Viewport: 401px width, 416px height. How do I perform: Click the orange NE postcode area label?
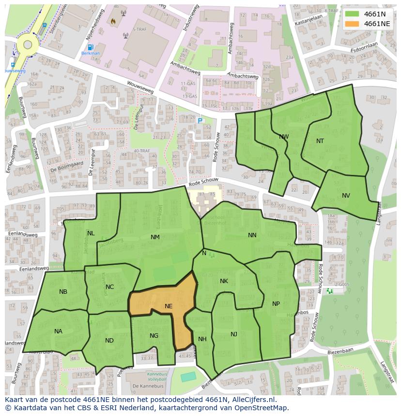click(169, 306)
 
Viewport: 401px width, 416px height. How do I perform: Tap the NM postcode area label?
click(155, 237)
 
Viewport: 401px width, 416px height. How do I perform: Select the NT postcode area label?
click(320, 141)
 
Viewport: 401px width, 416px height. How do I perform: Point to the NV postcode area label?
click(346, 196)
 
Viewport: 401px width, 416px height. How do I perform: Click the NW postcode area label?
click(284, 137)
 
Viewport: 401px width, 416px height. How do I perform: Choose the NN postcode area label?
click(252, 235)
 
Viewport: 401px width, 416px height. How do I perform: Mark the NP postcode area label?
click(276, 304)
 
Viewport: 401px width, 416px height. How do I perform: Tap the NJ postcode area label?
click(234, 334)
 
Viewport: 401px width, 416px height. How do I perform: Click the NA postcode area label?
click(58, 331)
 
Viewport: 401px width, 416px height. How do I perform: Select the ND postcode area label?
click(109, 341)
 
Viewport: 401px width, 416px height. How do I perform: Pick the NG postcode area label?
click(154, 336)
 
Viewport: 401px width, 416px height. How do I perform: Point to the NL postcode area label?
click(91, 233)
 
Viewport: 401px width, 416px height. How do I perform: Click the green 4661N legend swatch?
click(352, 14)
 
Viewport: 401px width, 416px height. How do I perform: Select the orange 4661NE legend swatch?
click(352, 23)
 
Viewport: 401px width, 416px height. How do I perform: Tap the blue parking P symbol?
click(200, 121)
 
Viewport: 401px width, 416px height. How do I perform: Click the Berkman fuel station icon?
click(90, 47)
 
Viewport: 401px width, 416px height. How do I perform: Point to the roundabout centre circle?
click(28, 45)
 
